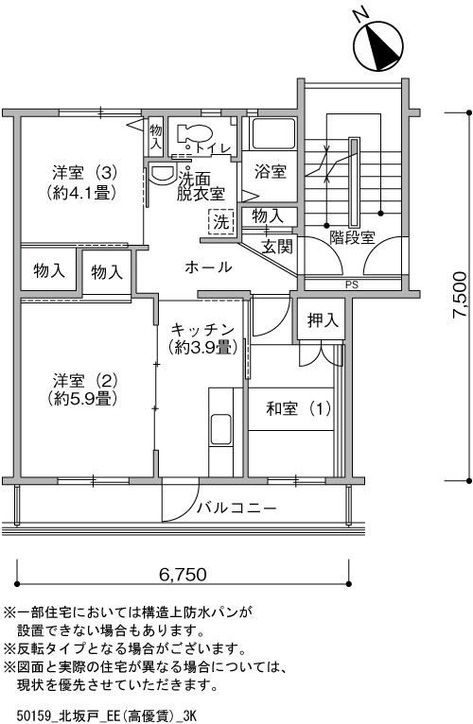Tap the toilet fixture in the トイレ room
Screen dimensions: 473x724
click(x=194, y=134)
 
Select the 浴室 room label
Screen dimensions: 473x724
click(x=271, y=172)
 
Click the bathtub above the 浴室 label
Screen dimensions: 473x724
click(x=272, y=134)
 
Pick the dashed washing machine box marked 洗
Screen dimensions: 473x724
click(x=221, y=222)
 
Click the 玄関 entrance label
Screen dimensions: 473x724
click(x=277, y=246)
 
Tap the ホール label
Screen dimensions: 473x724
click(x=208, y=267)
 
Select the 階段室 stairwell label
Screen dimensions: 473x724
click(x=352, y=238)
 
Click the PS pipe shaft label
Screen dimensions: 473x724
click(x=351, y=284)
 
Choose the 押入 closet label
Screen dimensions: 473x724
click(x=324, y=320)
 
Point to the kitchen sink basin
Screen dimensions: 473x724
click(x=220, y=429)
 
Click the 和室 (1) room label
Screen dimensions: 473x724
click(x=299, y=408)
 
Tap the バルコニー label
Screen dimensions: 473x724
click(x=236, y=509)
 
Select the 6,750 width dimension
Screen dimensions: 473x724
click(x=183, y=575)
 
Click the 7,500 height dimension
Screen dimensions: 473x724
click(x=460, y=295)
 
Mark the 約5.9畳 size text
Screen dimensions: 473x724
click(x=81, y=398)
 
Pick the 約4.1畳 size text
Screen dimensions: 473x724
click(x=81, y=192)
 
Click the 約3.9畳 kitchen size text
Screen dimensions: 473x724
click(x=203, y=347)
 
